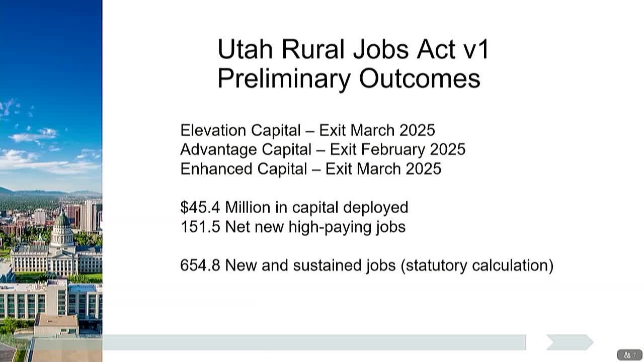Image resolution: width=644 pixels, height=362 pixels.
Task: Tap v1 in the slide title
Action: point(476,49)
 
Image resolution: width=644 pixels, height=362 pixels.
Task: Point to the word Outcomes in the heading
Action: point(420,79)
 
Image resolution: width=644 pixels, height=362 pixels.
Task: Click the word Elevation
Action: point(213,130)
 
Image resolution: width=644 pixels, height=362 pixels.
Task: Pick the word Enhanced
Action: point(216,168)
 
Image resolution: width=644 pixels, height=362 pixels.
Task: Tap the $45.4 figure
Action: point(200,207)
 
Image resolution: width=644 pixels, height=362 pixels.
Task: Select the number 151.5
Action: point(200,227)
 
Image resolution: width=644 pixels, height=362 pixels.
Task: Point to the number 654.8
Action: point(200,265)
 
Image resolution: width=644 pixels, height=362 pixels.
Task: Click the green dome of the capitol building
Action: point(62,220)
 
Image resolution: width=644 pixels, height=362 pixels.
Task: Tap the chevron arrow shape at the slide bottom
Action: point(570,342)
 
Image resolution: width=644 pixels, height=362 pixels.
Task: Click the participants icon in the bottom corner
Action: point(627,355)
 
